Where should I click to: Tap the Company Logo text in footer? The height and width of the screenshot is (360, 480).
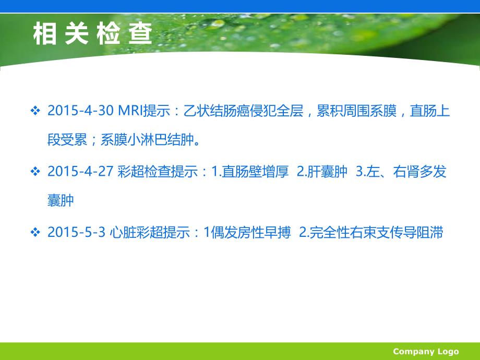[x=426, y=351]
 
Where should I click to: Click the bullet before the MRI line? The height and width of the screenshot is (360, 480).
[x=35, y=112]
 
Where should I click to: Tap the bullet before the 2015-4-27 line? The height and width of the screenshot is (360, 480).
[x=35, y=172]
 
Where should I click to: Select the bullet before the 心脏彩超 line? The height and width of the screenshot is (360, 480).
[x=35, y=233]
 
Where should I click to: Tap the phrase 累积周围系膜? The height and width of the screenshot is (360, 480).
[x=354, y=112]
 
